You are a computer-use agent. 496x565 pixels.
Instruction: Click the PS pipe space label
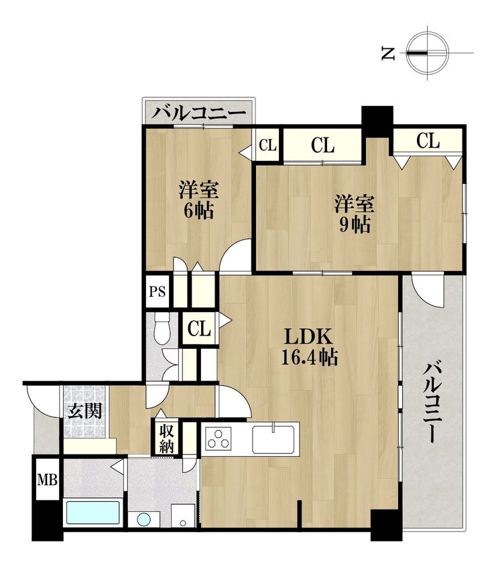(157, 291)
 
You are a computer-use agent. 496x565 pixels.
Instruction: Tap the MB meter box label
(48, 480)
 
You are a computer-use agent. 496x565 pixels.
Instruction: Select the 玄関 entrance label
(85, 411)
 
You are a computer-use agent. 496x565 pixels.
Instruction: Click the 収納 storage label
(167, 439)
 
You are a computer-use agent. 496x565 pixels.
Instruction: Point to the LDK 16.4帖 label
(309, 347)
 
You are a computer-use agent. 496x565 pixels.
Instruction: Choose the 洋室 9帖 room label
(355, 214)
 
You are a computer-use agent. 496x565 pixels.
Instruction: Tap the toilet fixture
(162, 328)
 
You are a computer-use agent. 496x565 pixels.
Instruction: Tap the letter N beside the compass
(388, 54)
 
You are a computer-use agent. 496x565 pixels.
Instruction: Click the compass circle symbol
(428, 52)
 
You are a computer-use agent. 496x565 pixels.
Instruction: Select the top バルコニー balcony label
(198, 113)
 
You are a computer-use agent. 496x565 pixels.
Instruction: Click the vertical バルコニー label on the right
(431, 403)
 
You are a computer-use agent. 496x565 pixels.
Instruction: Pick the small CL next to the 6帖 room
(268, 145)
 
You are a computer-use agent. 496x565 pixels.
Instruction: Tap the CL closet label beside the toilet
(198, 328)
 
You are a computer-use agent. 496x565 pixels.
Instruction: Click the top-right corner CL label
(428, 140)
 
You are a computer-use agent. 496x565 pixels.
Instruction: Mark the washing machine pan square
(183, 515)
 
